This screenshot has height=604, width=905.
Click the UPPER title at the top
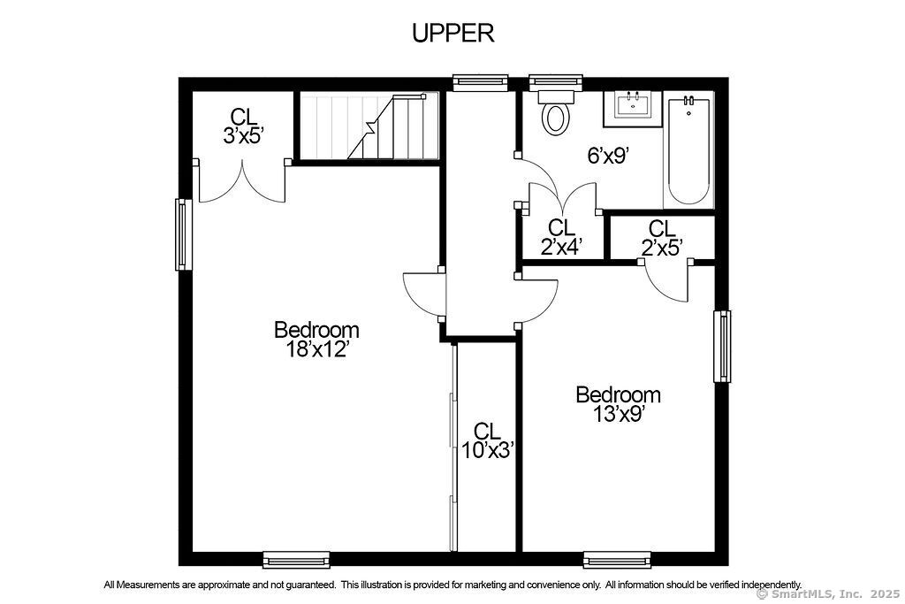(453, 33)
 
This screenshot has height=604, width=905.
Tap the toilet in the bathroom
(555, 112)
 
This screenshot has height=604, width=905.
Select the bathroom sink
(633, 108)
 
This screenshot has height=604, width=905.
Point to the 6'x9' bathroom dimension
(607, 156)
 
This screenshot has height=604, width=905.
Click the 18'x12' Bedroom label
(317, 339)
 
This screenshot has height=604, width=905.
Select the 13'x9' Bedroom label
(618, 404)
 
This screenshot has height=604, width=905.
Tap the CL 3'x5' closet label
(244, 126)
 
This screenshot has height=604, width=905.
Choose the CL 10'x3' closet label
(487, 440)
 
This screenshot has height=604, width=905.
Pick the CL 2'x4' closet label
(561, 237)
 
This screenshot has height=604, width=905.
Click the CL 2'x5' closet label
(662, 237)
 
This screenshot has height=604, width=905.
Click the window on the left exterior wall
(184, 234)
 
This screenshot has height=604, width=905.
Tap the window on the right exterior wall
(722, 347)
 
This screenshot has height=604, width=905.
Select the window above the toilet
(555, 82)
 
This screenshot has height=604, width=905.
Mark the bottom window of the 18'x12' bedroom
(296, 560)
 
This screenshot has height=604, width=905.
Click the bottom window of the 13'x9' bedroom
(616, 560)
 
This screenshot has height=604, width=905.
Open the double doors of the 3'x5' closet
(242, 181)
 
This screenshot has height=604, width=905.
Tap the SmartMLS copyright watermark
(827, 593)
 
